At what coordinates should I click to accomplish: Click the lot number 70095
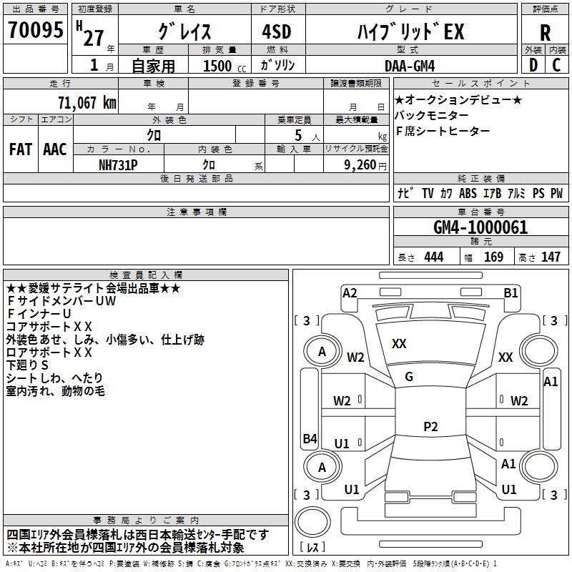[x=35, y=29]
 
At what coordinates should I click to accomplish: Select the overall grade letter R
[x=545, y=32]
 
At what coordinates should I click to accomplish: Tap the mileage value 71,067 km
[x=87, y=102]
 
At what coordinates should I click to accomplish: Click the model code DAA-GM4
[x=410, y=66]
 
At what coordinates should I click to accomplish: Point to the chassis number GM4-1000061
[x=480, y=227]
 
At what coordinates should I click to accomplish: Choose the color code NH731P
[x=118, y=165]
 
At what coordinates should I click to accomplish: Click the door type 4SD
[x=277, y=31]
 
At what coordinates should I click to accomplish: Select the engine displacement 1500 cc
[x=225, y=66]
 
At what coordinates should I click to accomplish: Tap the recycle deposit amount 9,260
[x=360, y=165]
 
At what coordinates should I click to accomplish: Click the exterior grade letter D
[x=533, y=65]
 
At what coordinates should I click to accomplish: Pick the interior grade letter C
[x=556, y=65]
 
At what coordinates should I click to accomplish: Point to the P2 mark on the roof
[x=430, y=426]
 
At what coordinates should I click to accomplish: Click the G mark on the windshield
[x=409, y=377]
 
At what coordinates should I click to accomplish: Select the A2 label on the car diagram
[x=350, y=293]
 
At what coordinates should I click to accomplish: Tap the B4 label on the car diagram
[x=310, y=438]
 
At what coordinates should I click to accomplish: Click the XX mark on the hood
[x=399, y=344]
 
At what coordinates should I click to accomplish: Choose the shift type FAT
[x=21, y=149]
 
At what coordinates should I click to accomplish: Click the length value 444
[x=434, y=257]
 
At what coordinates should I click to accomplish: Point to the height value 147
[x=551, y=257]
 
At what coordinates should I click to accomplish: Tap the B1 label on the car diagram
[x=511, y=293]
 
